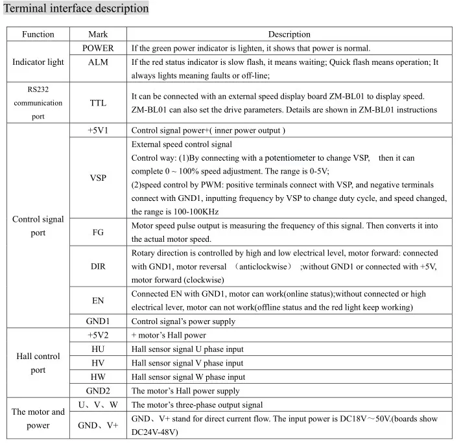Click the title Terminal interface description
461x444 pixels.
[x=77, y=9]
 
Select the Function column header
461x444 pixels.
[x=38, y=34]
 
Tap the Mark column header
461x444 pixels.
[x=98, y=34]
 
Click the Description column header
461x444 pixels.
[x=289, y=34]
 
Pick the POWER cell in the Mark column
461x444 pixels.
[x=98, y=48]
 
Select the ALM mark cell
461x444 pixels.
[x=98, y=62]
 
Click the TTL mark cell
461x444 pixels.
[x=98, y=102]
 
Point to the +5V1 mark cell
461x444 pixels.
[x=98, y=130]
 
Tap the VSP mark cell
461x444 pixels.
[x=98, y=177]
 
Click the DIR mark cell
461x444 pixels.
[x=98, y=266]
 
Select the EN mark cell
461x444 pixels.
[x=98, y=300]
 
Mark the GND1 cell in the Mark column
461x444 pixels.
[x=98, y=321]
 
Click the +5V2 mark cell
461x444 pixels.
[x=98, y=335]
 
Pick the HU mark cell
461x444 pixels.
[x=98, y=349]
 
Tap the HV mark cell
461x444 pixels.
[x=98, y=363]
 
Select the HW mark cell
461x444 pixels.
[x=98, y=377]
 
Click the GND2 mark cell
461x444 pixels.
[x=98, y=391]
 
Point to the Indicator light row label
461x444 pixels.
[x=38, y=62]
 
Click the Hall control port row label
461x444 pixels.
[x=38, y=363]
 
